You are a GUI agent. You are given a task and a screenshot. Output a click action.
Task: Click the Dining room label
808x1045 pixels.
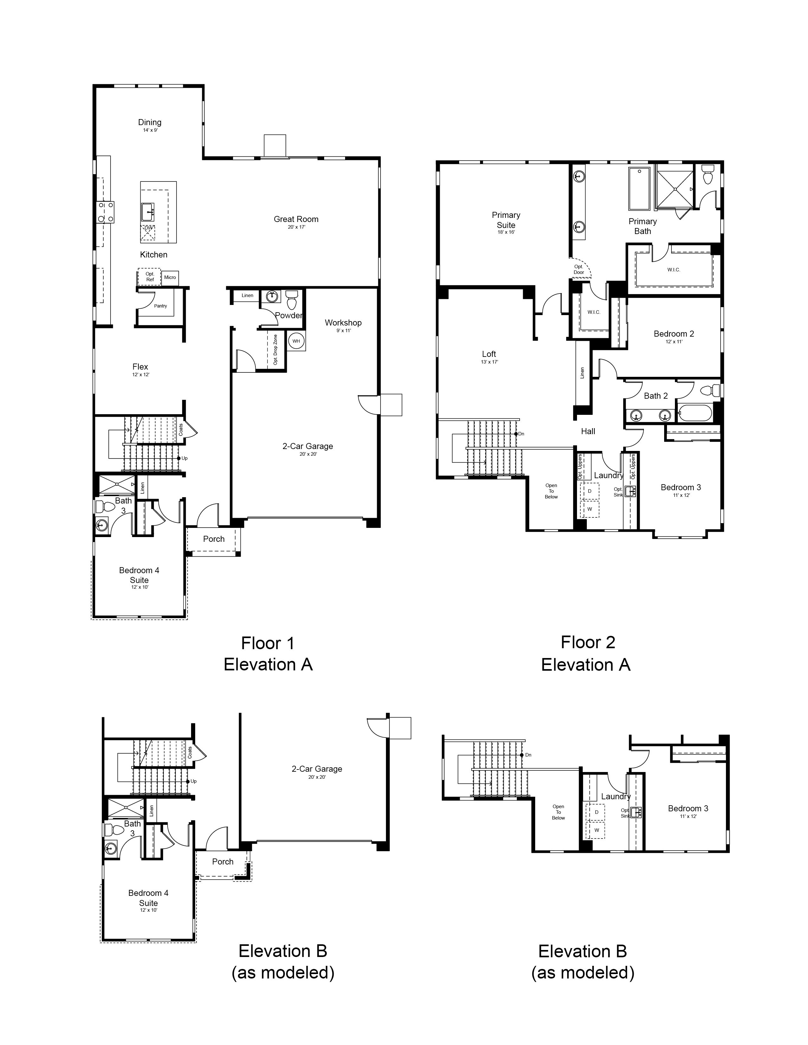150,123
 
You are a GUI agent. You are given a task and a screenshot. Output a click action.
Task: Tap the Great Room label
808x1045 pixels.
296,219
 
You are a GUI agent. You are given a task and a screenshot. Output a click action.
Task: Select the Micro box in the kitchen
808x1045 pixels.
170,277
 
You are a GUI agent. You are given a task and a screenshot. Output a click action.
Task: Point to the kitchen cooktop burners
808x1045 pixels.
106,212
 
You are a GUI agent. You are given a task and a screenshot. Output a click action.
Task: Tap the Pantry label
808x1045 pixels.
160,306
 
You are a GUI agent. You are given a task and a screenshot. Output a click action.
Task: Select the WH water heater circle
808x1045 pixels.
296,341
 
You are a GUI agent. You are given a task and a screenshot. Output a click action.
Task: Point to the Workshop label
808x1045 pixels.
343,323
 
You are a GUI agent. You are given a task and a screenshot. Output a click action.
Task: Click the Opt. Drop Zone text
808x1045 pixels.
275,350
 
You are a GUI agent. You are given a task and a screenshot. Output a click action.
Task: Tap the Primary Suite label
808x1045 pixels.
506,220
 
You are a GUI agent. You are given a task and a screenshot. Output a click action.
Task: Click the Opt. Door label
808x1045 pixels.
579,269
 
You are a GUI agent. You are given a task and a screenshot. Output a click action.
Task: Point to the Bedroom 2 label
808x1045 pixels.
674,334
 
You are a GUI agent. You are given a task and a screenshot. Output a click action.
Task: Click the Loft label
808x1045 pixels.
489,354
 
